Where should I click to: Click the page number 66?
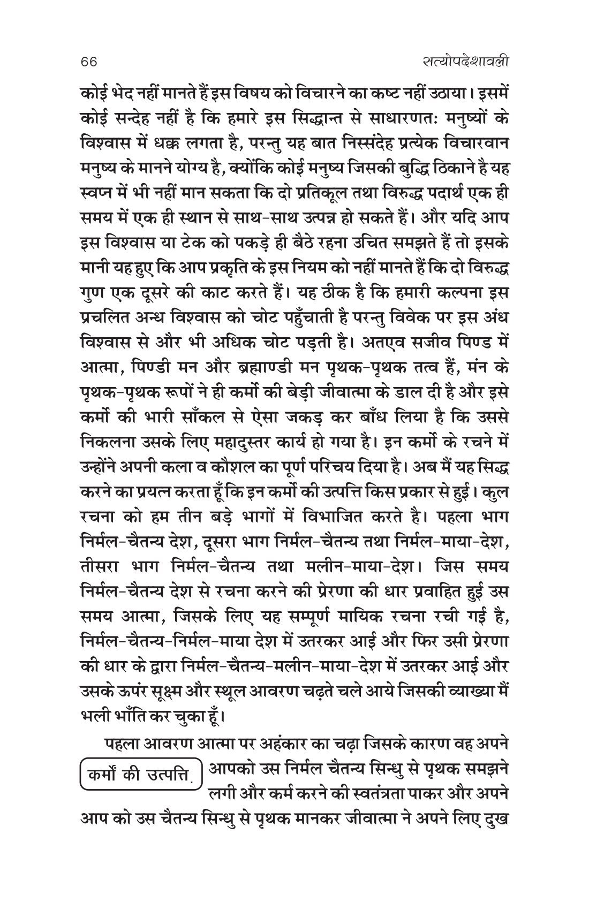(x=86, y=62)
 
